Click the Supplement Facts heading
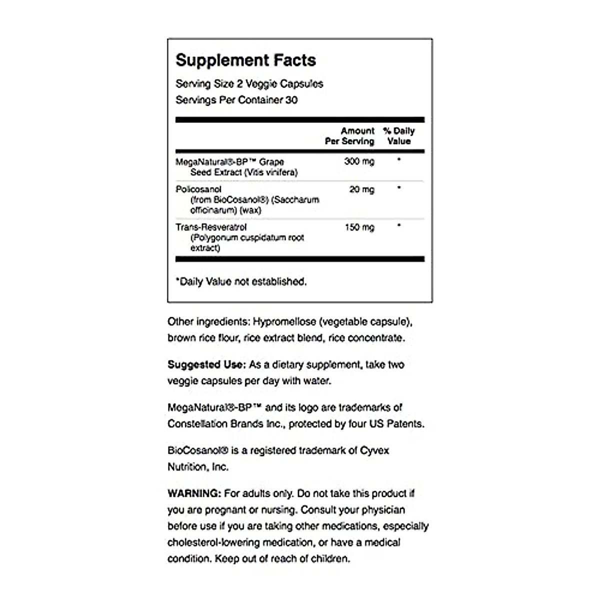(245, 60)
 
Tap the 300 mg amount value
(359, 161)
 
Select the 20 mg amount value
(361, 189)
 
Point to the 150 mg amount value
(359, 227)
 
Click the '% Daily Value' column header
(398, 136)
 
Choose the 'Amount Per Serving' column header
(350, 136)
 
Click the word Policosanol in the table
(198, 189)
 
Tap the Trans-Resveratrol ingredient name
(211, 227)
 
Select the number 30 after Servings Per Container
(291, 100)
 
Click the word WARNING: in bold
(194, 493)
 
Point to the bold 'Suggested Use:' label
(206, 364)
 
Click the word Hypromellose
(284, 321)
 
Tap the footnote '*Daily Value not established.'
(241, 282)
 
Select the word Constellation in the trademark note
(197, 424)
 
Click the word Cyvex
(374, 450)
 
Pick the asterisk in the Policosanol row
(398, 188)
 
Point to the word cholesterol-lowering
(213, 542)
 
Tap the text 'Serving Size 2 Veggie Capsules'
(249, 84)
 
